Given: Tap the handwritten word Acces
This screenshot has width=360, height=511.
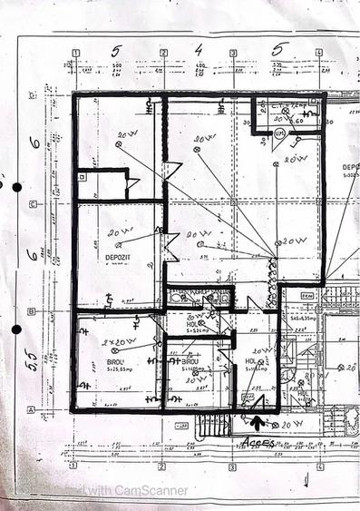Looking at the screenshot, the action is click(259, 440).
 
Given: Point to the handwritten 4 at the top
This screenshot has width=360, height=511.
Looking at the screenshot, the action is click(198, 50).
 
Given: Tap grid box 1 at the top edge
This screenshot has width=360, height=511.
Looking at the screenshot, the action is click(76, 53).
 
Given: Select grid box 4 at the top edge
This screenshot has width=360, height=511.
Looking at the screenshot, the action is click(318, 53).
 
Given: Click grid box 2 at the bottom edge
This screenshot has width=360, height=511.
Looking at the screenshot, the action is click(161, 467).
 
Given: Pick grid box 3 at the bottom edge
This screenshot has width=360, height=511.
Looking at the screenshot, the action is click(233, 467).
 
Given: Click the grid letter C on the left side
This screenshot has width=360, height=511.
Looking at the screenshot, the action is click(33, 203).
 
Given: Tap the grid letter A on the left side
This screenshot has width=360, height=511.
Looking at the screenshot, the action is click(33, 409).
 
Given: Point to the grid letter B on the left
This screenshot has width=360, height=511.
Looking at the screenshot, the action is click(33, 310).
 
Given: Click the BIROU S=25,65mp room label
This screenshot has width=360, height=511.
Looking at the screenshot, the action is click(115, 365).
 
